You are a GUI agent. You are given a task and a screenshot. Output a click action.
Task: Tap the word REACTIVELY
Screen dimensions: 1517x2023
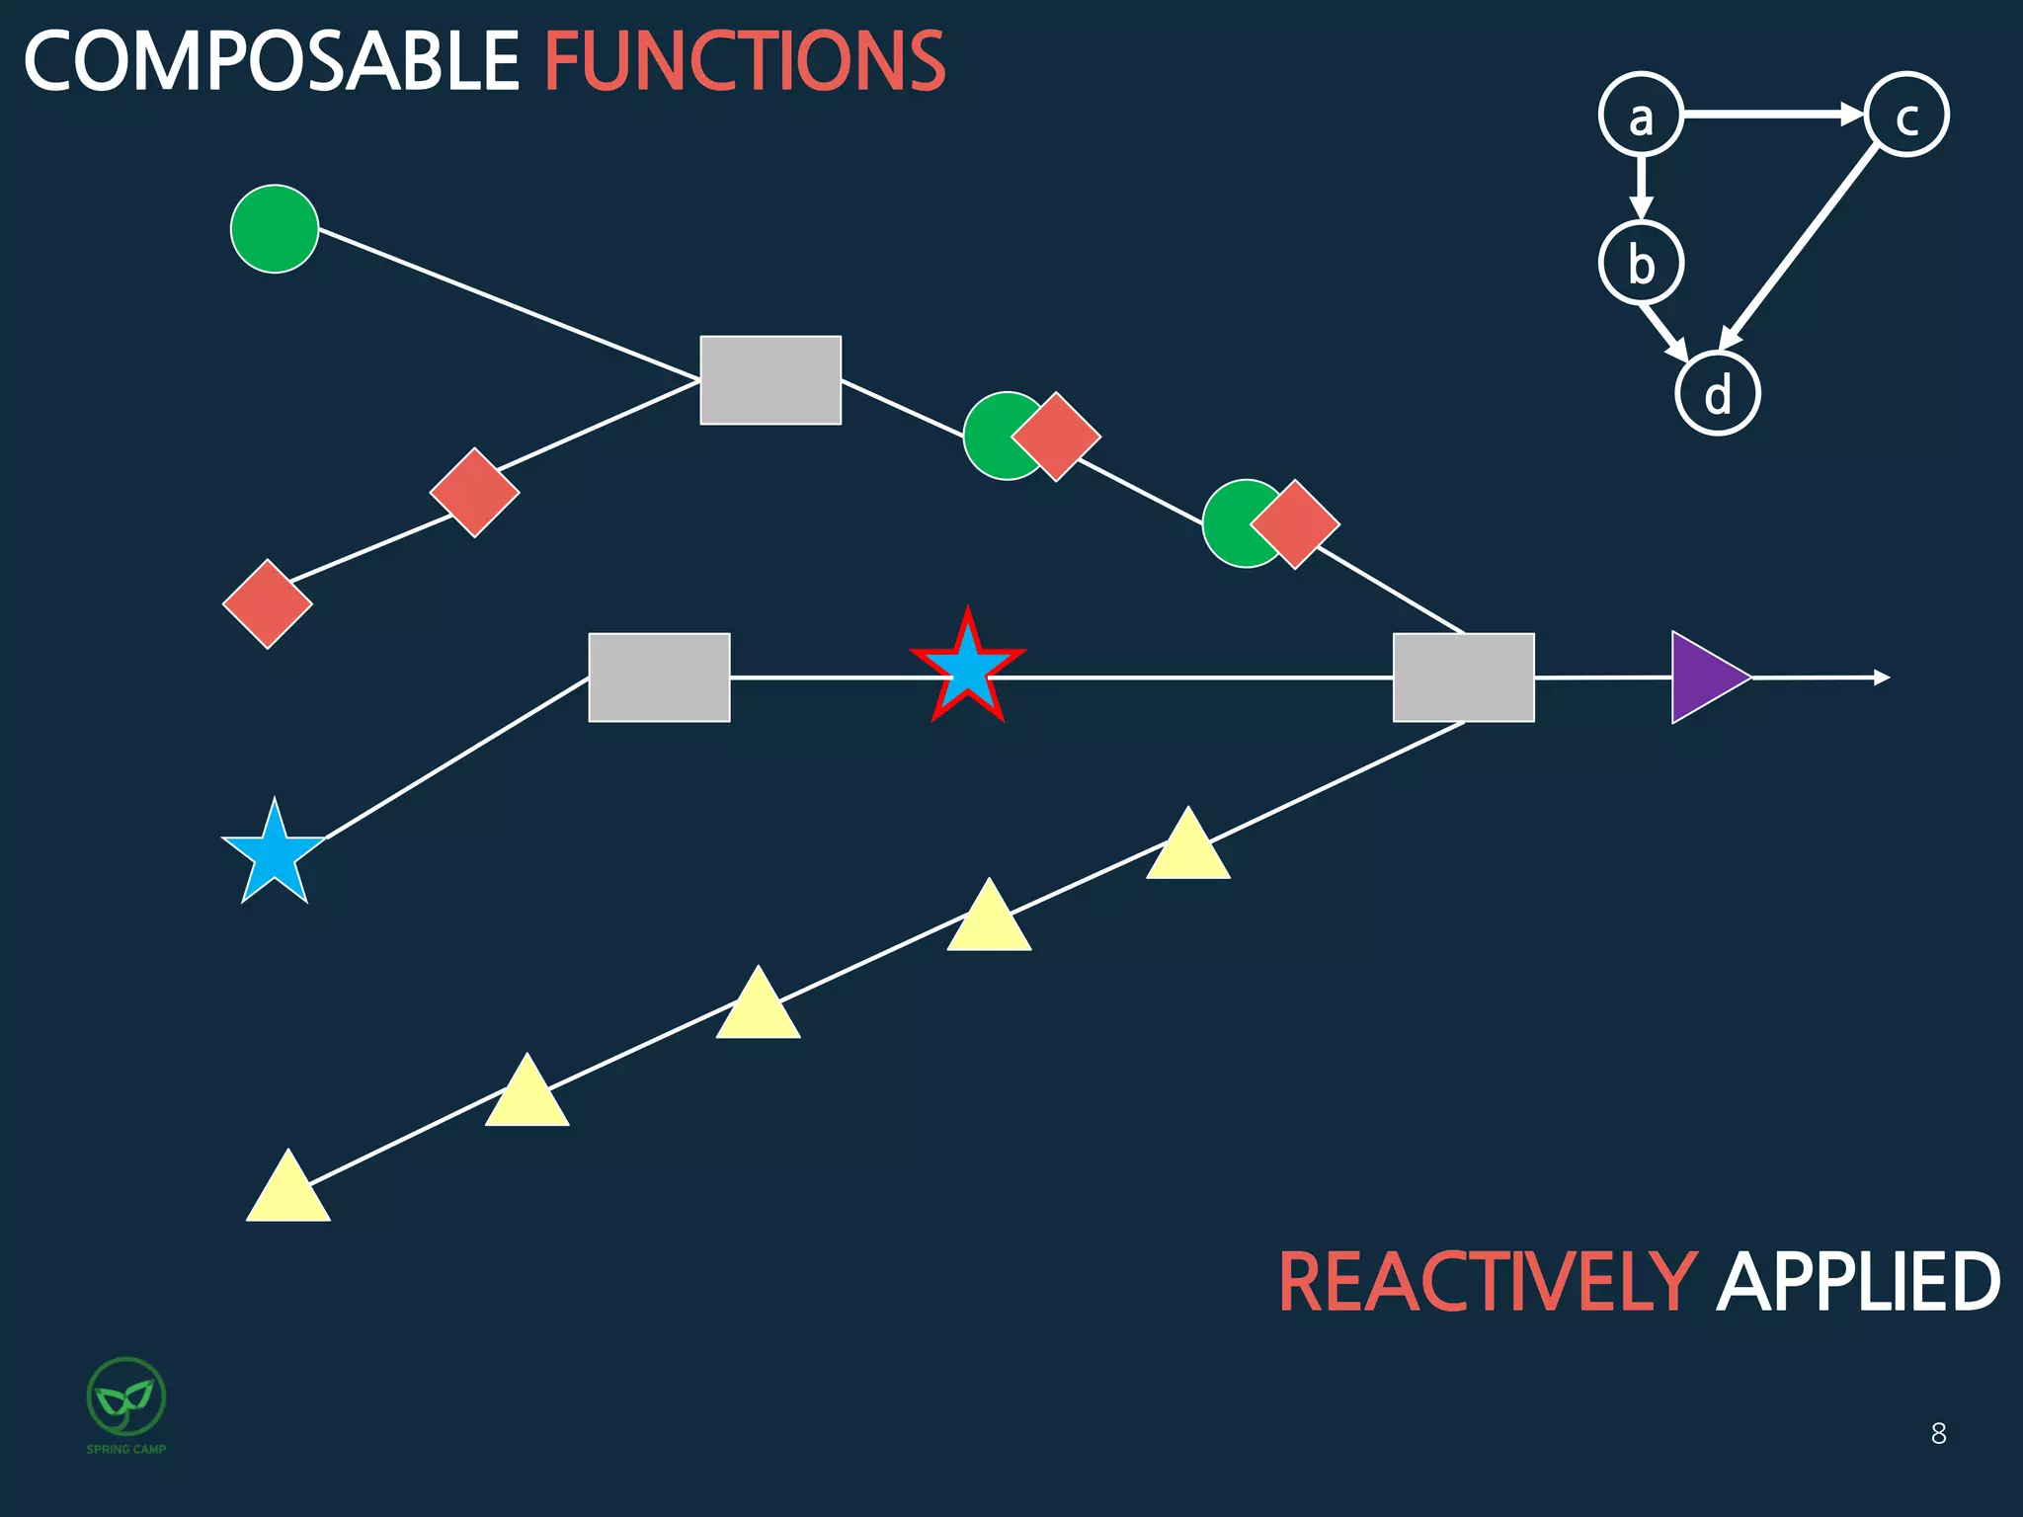[1488, 1282]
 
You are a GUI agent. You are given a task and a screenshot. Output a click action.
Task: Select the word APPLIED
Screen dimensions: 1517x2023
[1858, 1282]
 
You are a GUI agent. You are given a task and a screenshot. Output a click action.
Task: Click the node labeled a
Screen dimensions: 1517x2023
[1641, 115]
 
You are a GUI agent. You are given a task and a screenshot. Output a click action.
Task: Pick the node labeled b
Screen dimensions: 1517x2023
[1641, 263]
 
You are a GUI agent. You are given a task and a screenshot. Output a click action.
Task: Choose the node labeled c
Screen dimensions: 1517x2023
[1906, 115]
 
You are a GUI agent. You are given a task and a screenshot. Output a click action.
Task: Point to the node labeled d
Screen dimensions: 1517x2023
[1718, 393]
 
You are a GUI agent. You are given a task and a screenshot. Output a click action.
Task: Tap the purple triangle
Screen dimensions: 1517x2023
[1704, 678]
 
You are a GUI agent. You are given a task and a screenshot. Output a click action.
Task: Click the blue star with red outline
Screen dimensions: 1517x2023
[967, 669]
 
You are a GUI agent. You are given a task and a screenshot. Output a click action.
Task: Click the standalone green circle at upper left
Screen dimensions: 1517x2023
[275, 229]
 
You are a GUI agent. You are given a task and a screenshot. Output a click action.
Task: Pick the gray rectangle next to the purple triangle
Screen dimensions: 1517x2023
[1463, 678]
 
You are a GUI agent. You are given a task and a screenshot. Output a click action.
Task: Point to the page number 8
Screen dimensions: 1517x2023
[1938, 1433]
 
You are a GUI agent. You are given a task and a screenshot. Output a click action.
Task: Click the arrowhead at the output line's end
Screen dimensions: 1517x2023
[1882, 678]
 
